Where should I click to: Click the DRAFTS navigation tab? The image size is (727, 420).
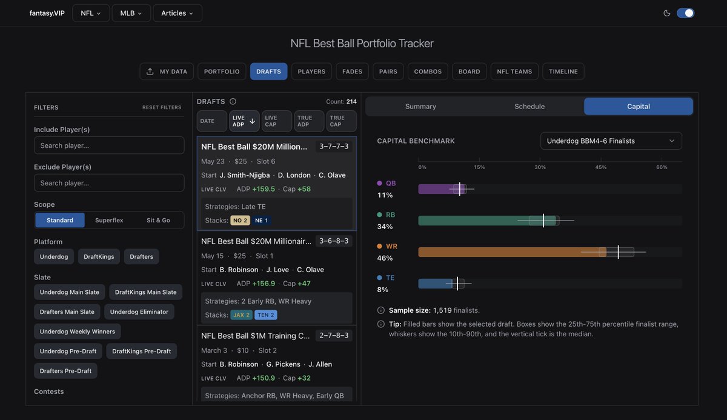pyautogui.click(x=268, y=72)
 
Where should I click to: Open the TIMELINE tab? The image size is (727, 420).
pyautogui.click(x=563, y=72)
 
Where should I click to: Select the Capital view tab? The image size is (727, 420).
pyautogui.click(x=638, y=107)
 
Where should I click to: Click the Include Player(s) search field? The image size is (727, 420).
pyautogui.click(x=109, y=145)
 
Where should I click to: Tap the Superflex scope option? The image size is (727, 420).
pyautogui.click(x=109, y=220)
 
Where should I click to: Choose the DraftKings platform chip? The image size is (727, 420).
pyautogui.click(x=99, y=257)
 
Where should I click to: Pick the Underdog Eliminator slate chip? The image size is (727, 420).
pyautogui.click(x=139, y=312)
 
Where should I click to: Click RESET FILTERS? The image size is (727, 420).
pyautogui.click(x=162, y=107)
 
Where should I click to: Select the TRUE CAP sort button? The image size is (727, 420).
pyautogui.click(x=341, y=121)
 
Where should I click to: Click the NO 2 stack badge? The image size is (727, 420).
pyautogui.click(x=240, y=221)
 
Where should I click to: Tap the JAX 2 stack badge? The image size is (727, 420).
pyautogui.click(x=242, y=315)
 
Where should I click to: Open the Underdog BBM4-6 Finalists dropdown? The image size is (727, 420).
pyautogui.click(x=611, y=141)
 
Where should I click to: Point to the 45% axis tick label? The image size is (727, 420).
pyautogui.click(x=601, y=167)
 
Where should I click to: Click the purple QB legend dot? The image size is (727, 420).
pyautogui.click(x=379, y=183)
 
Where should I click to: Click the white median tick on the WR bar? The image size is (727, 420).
pyautogui.click(x=619, y=252)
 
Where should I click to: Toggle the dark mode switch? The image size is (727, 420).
pyautogui.click(x=685, y=13)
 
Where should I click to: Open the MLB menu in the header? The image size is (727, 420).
pyautogui.click(x=131, y=13)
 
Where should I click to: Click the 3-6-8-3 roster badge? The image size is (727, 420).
pyautogui.click(x=334, y=241)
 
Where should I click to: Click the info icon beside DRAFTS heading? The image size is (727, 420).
pyautogui.click(x=233, y=102)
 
